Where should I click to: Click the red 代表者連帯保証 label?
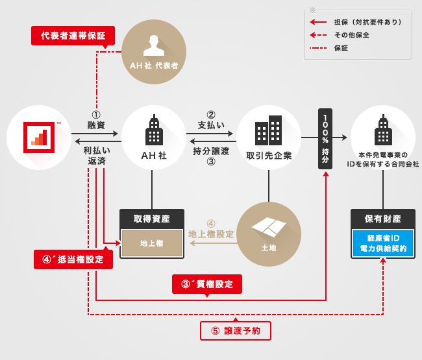coord(73,35)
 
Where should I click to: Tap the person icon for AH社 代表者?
coord(154,45)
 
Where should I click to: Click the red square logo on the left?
coord(38,137)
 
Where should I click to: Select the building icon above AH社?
coord(154,131)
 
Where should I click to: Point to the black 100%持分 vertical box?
coord(325,138)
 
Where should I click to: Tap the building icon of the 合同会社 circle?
coord(383,132)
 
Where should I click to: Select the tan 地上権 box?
coord(152,243)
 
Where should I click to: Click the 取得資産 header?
coord(152,219)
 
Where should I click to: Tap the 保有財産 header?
coord(382,219)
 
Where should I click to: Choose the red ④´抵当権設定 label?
coord(73,259)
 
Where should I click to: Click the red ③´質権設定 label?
coord(207,283)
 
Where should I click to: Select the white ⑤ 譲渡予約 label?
coord(235,330)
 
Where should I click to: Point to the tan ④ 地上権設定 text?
coord(211,229)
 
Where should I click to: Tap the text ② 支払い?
coord(211,119)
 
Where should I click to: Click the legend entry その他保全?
coord(351,35)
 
